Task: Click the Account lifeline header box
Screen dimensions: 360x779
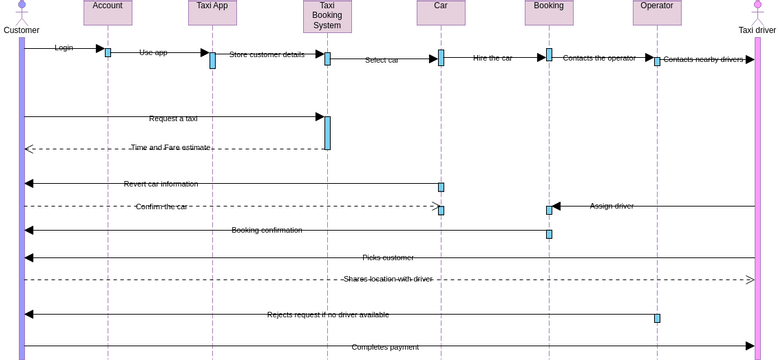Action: pos(108,11)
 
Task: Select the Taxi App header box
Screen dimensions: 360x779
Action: pos(212,11)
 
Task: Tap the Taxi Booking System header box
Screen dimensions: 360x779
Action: pos(327,15)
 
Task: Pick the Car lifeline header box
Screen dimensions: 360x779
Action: pos(441,11)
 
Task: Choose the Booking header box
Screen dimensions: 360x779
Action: pos(549,11)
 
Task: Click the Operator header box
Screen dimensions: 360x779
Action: pos(657,11)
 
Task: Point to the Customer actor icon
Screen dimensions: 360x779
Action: pos(21,12)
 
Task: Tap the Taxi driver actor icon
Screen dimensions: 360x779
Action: pos(757,12)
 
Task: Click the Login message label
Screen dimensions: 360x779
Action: pos(64,48)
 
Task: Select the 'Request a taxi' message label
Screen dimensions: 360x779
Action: pos(173,119)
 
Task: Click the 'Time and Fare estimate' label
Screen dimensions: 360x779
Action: pos(170,148)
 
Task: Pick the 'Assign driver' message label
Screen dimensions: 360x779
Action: pos(611,206)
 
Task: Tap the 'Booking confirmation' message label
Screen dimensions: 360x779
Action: pos(267,230)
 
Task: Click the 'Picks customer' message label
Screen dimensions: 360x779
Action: pos(388,258)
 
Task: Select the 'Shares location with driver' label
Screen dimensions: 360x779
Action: pos(388,279)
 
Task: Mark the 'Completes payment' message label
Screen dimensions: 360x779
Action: pos(385,347)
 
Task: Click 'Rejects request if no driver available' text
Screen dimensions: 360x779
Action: pos(328,315)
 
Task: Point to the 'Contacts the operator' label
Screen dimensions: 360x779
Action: pos(599,58)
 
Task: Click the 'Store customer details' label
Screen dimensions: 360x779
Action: pos(267,55)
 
